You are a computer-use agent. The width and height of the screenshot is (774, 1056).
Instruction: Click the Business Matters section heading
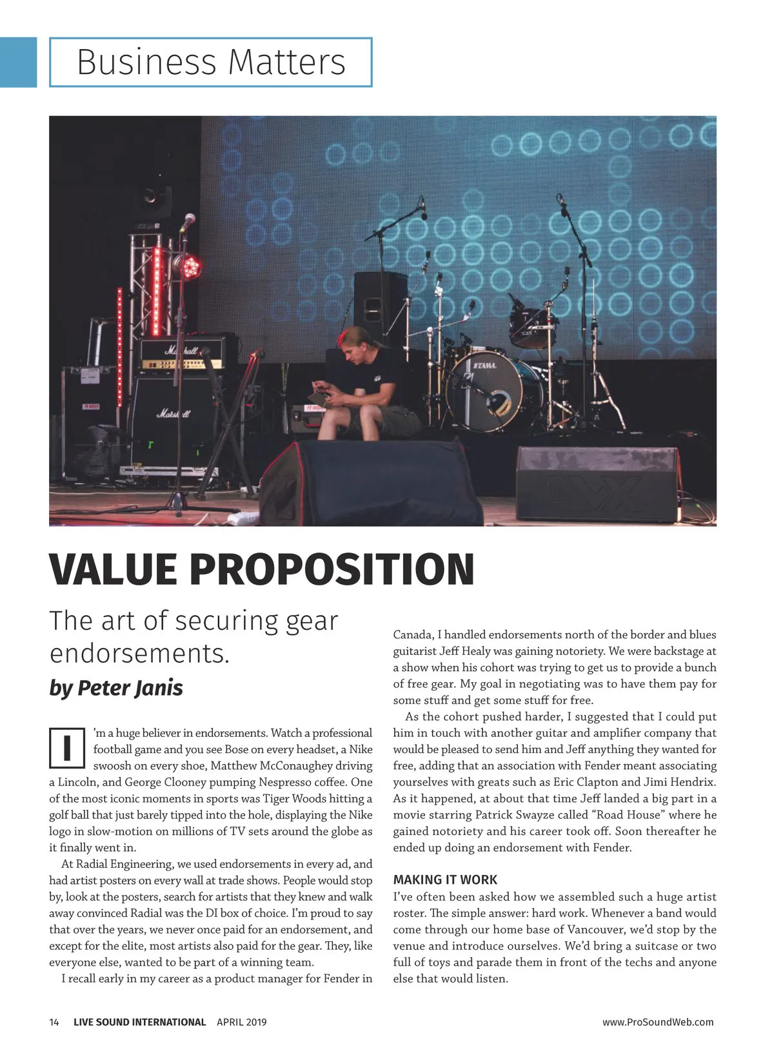tap(211, 62)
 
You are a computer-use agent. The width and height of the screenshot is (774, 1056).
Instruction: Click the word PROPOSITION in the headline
tap(332, 569)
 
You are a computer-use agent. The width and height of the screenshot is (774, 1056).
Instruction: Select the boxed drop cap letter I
tap(66, 748)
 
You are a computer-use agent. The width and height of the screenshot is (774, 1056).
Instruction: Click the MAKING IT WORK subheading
tap(445, 880)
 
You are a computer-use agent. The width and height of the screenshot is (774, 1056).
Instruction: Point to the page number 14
tap(54, 1022)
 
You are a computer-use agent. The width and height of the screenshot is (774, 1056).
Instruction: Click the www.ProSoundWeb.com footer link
tap(658, 1022)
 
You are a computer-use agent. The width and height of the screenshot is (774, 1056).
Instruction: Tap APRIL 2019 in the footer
tap(241, 1022)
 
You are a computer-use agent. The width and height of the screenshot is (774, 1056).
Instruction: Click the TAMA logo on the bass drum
tap(486, 366)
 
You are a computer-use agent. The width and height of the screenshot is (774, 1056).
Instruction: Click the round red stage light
tap(191, 266)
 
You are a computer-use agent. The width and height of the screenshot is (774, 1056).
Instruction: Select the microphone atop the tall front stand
tap(188, 221)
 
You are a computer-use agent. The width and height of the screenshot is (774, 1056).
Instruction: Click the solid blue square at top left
tap(18, 62)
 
